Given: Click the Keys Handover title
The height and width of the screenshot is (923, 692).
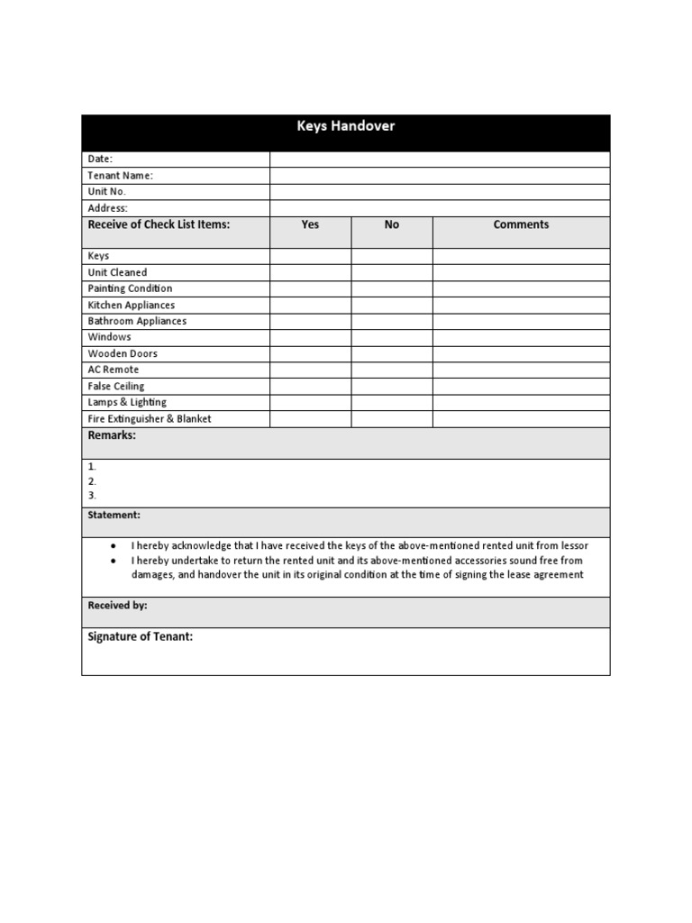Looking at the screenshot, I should coord(346,126).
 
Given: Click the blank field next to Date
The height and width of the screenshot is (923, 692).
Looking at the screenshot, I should coord(440,160).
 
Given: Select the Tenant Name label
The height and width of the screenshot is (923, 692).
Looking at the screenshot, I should coord(120,176).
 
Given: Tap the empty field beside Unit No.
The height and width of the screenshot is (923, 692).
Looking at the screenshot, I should coord(440,192).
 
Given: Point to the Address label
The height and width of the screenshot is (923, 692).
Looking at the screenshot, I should coord(108,208).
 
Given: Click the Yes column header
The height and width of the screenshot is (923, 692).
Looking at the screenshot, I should coord(310,225).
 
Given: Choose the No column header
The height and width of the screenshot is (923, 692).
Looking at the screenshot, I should coord(391,225).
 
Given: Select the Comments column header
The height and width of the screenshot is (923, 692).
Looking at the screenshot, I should coord(521,225).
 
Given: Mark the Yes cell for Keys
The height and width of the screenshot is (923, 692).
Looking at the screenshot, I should coord(310,256).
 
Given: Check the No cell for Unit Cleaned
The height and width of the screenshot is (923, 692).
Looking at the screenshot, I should coord(391,272).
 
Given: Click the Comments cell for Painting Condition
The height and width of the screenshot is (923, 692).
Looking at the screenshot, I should coord(521,288).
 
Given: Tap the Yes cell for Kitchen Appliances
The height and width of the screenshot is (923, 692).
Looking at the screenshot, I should coord(310,305).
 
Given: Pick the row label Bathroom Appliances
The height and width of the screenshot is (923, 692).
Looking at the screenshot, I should coord(137,321).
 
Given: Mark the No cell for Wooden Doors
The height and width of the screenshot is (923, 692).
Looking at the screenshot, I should coord(391,353).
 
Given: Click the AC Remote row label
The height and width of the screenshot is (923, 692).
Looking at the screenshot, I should coord(114,370).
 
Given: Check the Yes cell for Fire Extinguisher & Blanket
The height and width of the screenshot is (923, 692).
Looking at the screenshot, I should coord(310,419).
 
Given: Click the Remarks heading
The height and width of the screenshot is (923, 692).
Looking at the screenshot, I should coord(112,435).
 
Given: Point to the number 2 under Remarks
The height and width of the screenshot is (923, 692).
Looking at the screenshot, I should coord(92,481).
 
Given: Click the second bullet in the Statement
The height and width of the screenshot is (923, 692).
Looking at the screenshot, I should coord(113,561).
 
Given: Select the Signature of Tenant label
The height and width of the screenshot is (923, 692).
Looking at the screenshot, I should coord(140,637).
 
